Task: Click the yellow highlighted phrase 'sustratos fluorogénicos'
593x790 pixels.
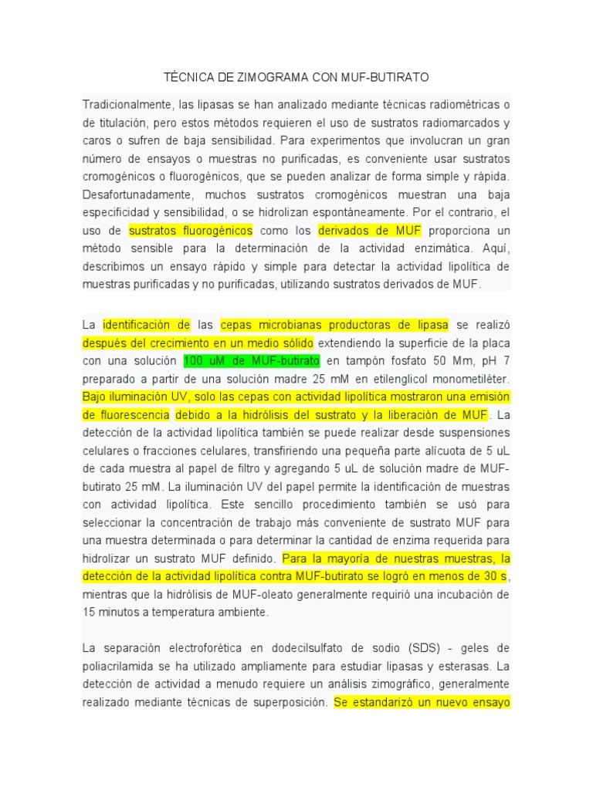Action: point(191,230)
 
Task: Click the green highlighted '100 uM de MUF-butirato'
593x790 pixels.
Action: point(251,361)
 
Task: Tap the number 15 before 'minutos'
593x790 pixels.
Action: point(88,612)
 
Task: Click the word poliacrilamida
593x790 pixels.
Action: point(120,665)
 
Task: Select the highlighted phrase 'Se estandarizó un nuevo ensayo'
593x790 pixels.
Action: point(422,702)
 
